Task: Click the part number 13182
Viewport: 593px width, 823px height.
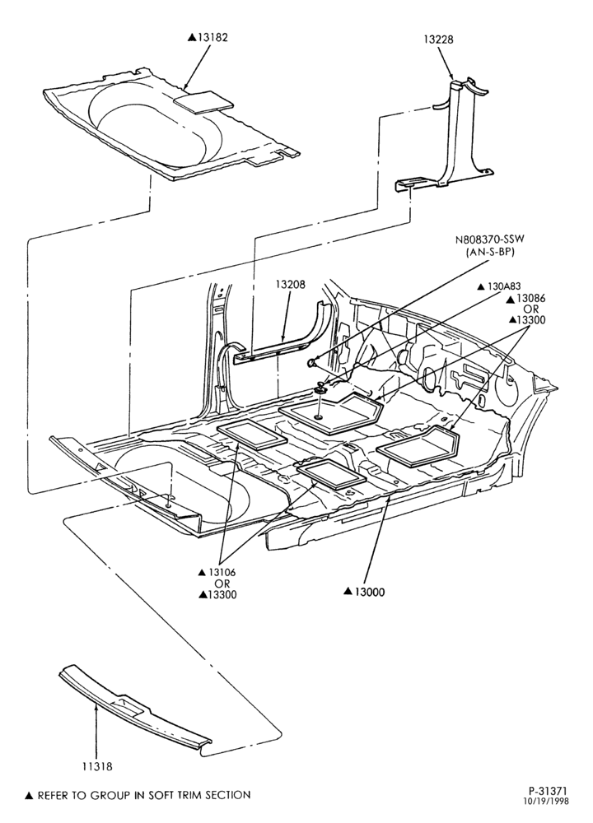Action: click(212, 38)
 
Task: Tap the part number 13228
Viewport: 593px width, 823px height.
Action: click(439, 40)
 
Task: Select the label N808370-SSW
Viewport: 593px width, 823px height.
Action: click(489, 239)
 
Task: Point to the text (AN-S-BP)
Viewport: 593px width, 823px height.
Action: click(489, 252)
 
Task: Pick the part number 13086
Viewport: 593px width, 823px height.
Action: click(531, 299)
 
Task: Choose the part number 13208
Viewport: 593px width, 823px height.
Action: click(290, 284)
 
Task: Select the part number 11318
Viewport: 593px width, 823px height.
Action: click(96, 767)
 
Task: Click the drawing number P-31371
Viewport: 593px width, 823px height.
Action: click(549, 791)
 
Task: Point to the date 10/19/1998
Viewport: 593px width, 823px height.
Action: click(549, 801)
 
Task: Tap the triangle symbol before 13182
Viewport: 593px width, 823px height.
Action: click(192, 38)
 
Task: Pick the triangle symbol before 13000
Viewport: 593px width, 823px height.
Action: click(348, 592)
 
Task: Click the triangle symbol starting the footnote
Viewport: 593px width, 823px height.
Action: click(30, 796)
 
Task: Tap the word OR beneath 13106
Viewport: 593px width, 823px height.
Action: click(222, 584)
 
